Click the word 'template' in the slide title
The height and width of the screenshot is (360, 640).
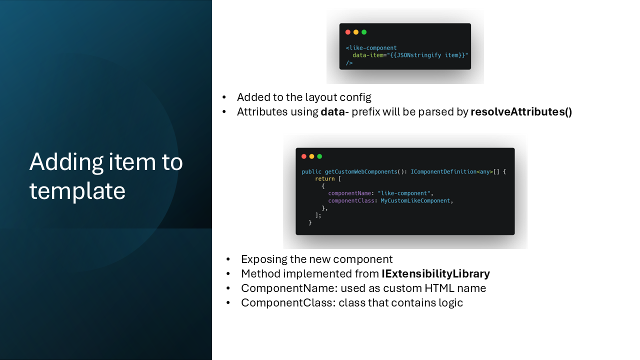pyautogui.click(x=77, y=191)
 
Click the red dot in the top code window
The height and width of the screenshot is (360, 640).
pyautogui.click(x=347, y=32)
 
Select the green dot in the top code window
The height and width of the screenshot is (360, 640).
pyautogui.click(x=364, y=32)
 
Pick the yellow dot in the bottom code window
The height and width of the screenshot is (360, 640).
pyautogui.click(x=311, y=156)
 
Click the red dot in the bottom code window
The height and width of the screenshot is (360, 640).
pyautogui.click(x=303, y=156)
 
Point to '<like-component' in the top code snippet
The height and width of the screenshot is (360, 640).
pyautogui.click(x=371, y=47)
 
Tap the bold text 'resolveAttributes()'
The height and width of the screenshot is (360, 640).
pyautogui.click(x=521, y=111)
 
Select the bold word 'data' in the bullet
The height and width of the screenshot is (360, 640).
pyautogui.click(x=333, y=111)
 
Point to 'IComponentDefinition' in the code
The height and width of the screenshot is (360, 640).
pyautogui.click(x=443, y=171)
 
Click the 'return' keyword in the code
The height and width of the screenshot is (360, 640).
pyautogui.click(x=325, y=179)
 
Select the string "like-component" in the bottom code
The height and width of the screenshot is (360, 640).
pyautogui.click(x=403, y=193)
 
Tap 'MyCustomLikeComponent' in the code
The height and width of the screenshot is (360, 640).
pyautogui.click(x=415, y=201)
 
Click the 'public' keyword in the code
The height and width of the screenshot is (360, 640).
pyautogui.click(x=311, y=171)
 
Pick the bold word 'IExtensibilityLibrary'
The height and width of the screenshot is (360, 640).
pyautogui.click(x=435, y=273)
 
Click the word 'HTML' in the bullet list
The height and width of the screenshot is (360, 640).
pyautogui.click(x=439, y=288)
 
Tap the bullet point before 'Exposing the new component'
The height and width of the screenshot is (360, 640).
pyautogui.click(x=228, y=259)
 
